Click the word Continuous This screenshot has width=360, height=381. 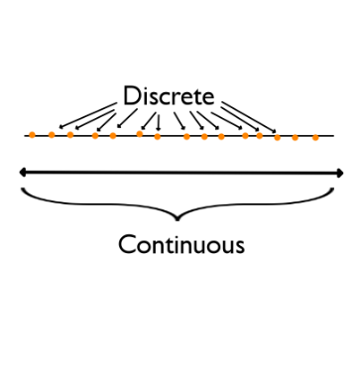(180, 243)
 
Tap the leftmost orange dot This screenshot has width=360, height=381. (32, 134)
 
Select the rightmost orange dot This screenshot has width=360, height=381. (315, 138)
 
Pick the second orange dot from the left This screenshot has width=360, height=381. (52, 134)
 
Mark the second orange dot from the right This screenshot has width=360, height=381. (295, 137)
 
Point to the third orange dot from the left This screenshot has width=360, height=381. (70, 134)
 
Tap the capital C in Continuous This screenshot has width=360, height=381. (126, 243)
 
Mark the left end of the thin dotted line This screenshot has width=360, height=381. (26, 135)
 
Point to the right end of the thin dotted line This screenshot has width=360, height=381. (333, 138)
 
